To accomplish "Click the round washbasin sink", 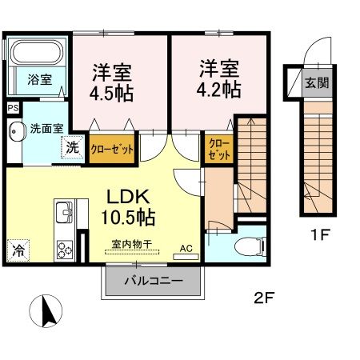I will tap(16, 131).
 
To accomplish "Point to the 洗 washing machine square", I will tap(73, 148).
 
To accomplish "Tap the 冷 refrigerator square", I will tap(18, 250).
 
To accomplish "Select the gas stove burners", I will tap(64, 249).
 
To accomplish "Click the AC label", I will tap(186, 249).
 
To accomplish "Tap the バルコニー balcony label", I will tap(154, 281).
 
